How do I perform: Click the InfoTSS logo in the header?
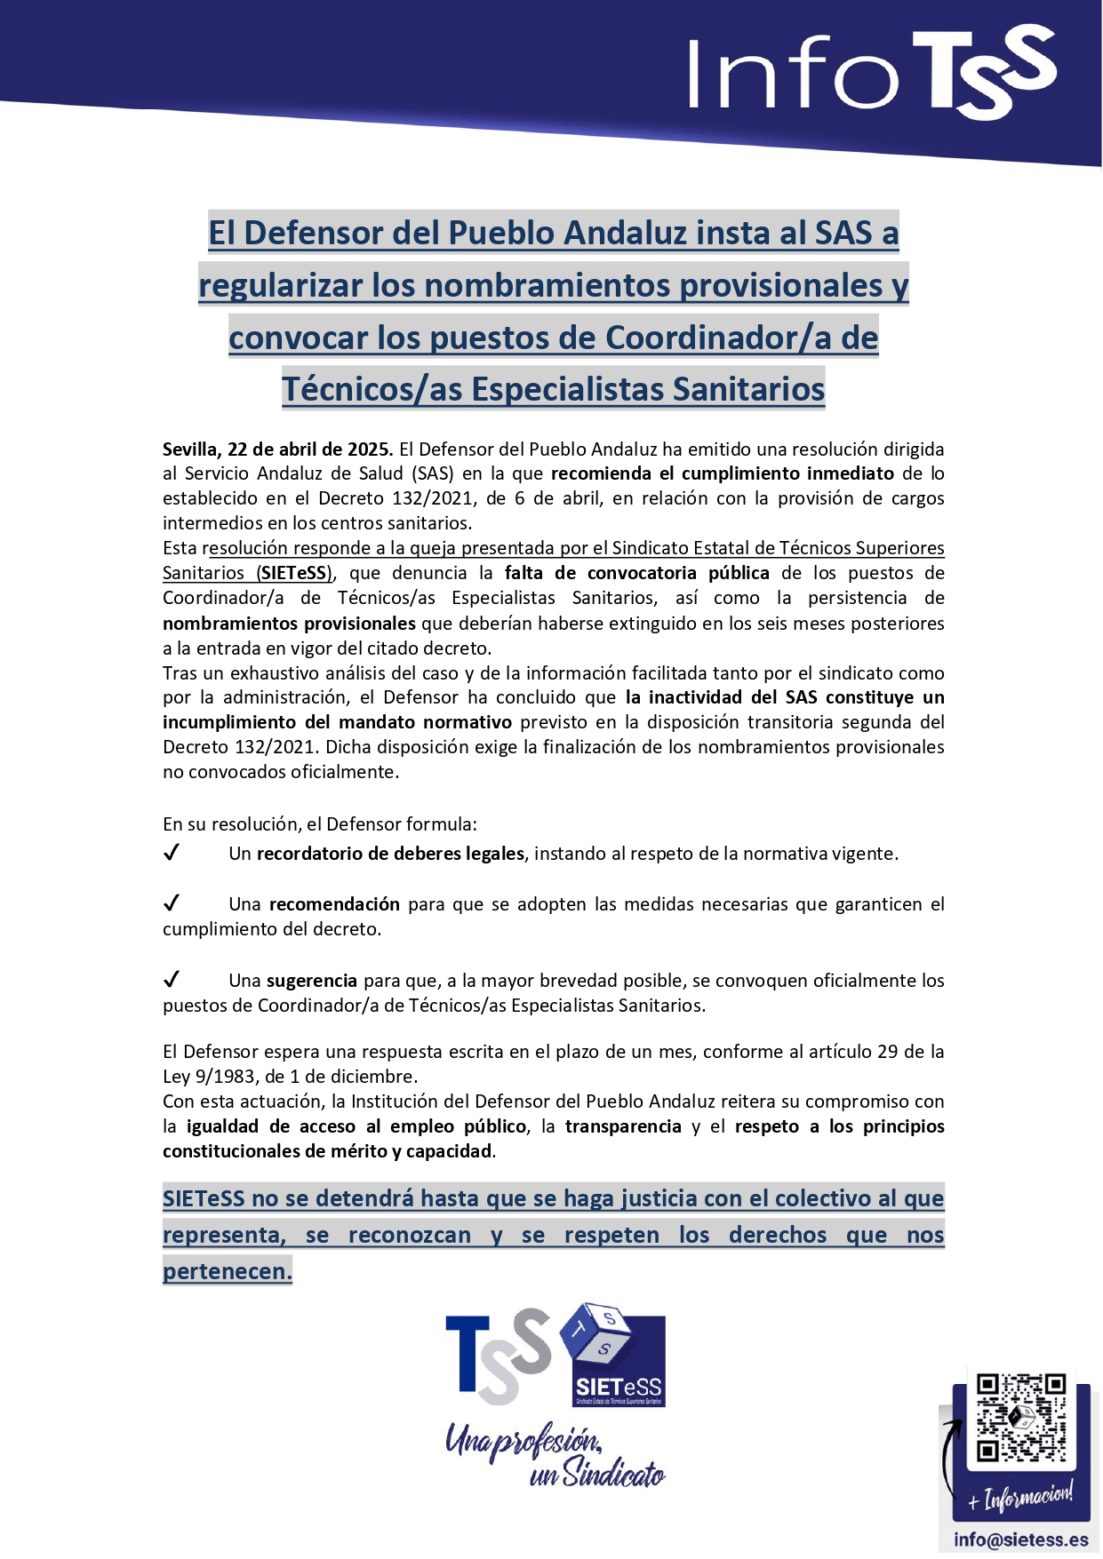click(x=871, y=73)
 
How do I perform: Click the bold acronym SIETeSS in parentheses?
click(x=295, y=573)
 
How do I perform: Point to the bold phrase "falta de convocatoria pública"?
click(x=636, y=573)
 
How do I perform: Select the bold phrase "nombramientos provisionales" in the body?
click(x=289, y=623)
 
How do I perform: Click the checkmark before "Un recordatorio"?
click(x=172, y=854)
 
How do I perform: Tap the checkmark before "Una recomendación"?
click(x=172, y=904)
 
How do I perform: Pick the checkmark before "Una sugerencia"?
click(x=172, y=981)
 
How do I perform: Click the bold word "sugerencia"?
click(x=311, y=981)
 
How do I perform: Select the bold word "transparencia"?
click(x=623, y=1126)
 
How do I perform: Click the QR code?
click(x=1020, y=1418)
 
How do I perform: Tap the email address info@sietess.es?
click(x=1020, y=1539)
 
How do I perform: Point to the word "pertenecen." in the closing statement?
click(x=228, y=1271)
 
